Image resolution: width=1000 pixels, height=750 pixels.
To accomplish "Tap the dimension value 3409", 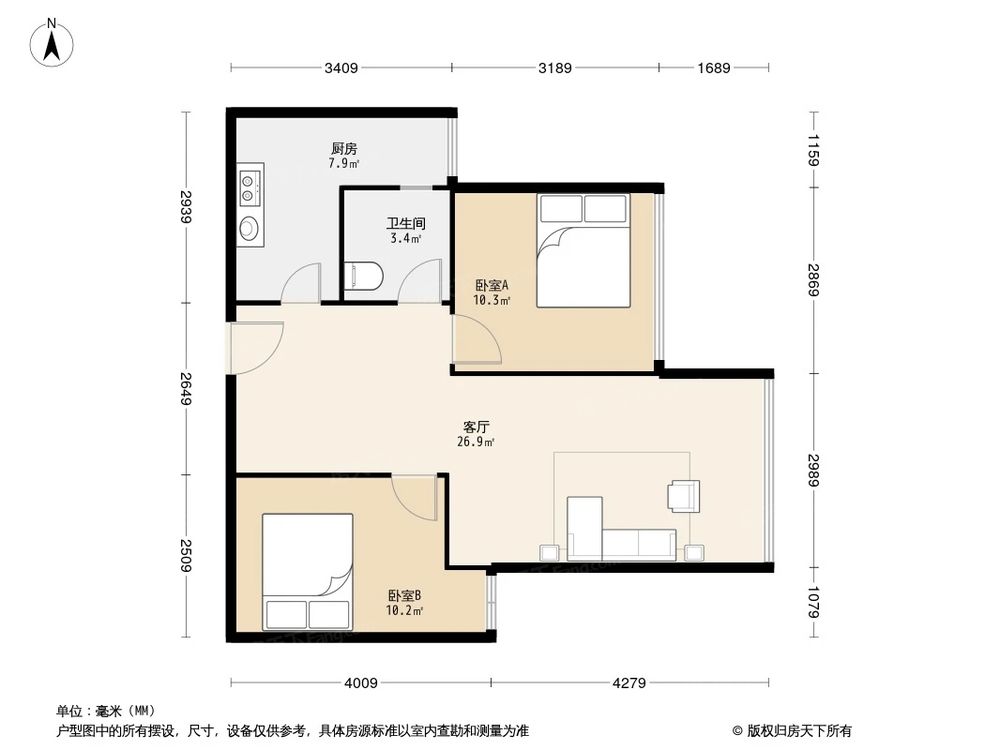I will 341,68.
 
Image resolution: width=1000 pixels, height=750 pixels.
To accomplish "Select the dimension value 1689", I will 714,68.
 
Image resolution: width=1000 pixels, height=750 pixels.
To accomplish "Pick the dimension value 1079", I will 814,604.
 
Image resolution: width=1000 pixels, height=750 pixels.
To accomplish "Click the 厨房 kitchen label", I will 344,149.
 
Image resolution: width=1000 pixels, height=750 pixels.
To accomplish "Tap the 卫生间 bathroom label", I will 405,225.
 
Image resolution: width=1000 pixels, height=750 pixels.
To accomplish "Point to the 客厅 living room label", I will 475,425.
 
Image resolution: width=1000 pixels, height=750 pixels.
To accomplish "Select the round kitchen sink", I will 249,228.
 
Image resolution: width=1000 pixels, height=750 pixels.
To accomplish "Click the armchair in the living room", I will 684,495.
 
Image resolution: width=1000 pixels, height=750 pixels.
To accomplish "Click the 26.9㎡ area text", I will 475,441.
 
